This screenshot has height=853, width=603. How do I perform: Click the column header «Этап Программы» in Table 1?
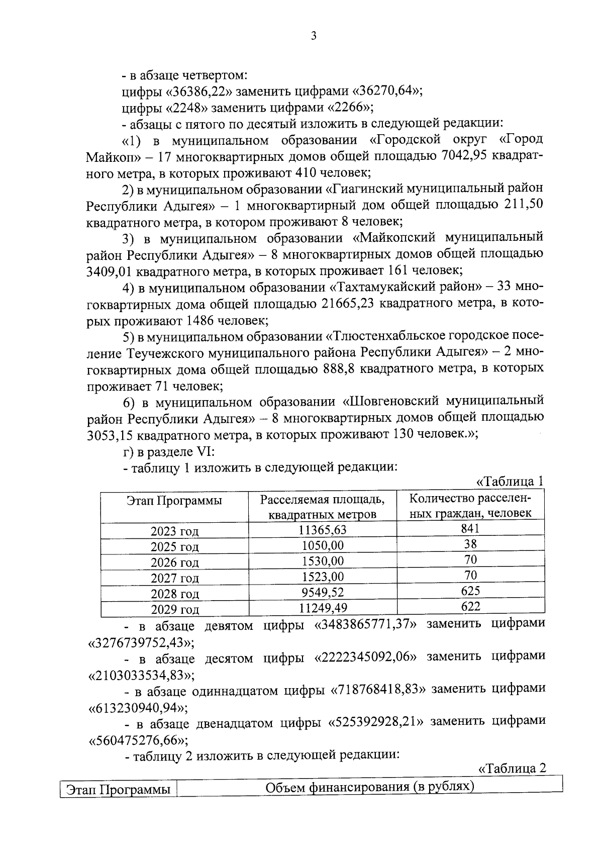point(174,501)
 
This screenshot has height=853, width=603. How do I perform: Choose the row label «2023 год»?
point(174,531)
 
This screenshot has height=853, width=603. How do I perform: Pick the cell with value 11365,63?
point(322,530)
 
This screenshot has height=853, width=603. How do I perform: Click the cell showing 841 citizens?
point(470,528)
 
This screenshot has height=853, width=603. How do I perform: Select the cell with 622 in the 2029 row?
point(470,607)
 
